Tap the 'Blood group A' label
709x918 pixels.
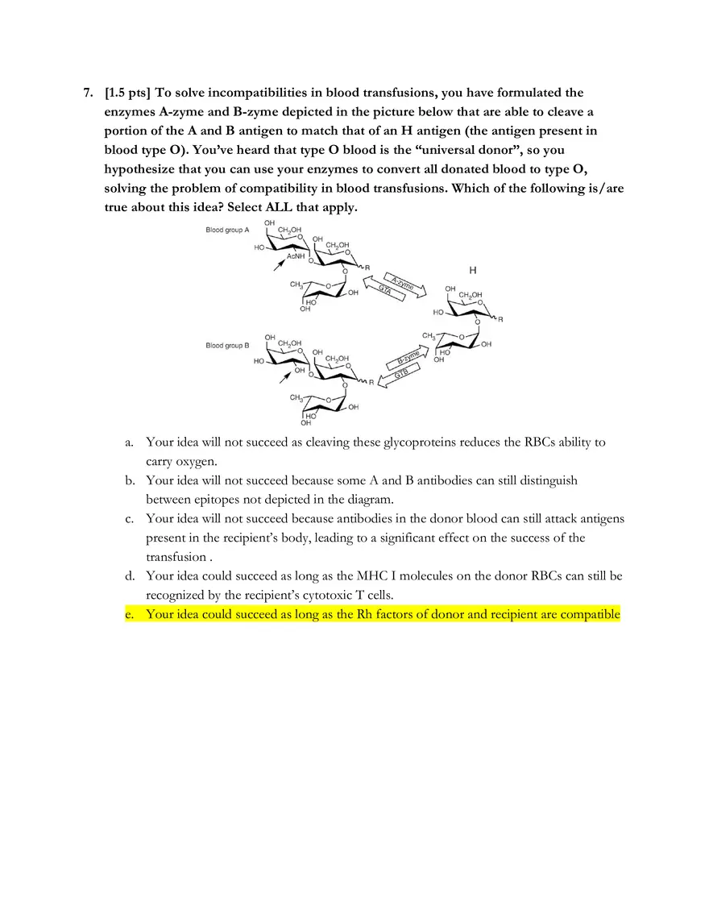pyautogui.click(x=227, y=230)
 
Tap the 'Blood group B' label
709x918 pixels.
pyautogui.click(x=227, y=346)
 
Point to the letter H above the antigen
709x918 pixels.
pyautogui.click(x=471, y=270)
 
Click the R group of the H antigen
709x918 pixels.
pyautogui.click(x=500, y=320)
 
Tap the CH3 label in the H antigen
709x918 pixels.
pyautogui.click(x=429, y=335)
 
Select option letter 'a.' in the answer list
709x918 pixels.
pyautogui.click(x=129, y=442)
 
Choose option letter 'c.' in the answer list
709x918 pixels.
pyautogui.click(x=129, y=518)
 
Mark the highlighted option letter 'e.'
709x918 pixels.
pyautogui.click(x=129, y=614)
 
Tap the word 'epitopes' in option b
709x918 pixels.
pyautogui.click(x=230, y=500)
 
